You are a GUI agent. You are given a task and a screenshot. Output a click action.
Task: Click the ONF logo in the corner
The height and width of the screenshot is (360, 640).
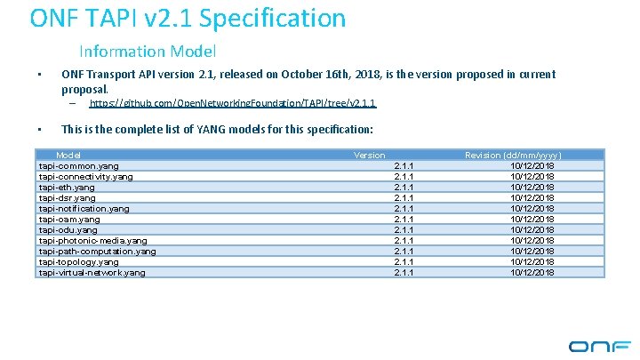click(x=599, y=346)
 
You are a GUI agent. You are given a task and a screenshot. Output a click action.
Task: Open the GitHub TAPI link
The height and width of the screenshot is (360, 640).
click(x=234, y=104)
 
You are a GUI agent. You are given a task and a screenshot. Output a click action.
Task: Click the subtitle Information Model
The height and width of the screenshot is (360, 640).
click(x=148, y=52)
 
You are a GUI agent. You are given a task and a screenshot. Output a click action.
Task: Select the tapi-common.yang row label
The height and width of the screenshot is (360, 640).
click(x=79, y=165)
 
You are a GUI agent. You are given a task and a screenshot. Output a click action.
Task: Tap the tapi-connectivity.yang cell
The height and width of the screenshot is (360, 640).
click(x=86, y=176)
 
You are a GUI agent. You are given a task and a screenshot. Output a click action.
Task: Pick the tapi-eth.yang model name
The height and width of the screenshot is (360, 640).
click(x=67, y=187)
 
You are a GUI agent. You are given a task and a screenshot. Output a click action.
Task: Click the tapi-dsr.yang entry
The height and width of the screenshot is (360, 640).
click(x=67, y=197)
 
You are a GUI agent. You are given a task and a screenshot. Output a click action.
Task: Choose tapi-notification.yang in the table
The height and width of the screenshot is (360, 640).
click(x=84, y=208)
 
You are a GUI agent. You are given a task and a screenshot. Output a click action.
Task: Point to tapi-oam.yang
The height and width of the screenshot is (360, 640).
click(x=69, y=219)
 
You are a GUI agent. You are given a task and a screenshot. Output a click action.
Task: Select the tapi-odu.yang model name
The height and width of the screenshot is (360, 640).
click(x=68, y=229)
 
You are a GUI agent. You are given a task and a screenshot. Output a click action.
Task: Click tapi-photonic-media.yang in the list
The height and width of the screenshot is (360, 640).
click(x=93, y=240)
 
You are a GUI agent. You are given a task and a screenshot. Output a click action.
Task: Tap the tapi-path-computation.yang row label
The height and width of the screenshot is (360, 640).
click(x=98, y=251)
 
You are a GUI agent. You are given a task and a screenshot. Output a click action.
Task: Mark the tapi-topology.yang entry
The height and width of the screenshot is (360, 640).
click(x=79, y=261)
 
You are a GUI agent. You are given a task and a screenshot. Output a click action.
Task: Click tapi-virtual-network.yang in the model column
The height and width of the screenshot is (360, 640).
click(x=92, y=272)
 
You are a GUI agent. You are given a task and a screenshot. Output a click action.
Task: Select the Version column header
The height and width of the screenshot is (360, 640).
click(x=370, y=155)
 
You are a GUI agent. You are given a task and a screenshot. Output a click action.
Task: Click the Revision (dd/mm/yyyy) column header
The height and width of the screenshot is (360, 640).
click(x=513, y=155)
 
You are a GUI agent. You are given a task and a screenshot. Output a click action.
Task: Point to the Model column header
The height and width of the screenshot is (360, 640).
click(x=68, y=155)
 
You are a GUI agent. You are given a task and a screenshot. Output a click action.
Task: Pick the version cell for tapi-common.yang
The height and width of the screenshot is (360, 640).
click(x=404, y=165)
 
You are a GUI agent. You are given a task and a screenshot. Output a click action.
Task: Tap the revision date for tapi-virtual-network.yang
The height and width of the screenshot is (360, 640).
click(x=532, y=272)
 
